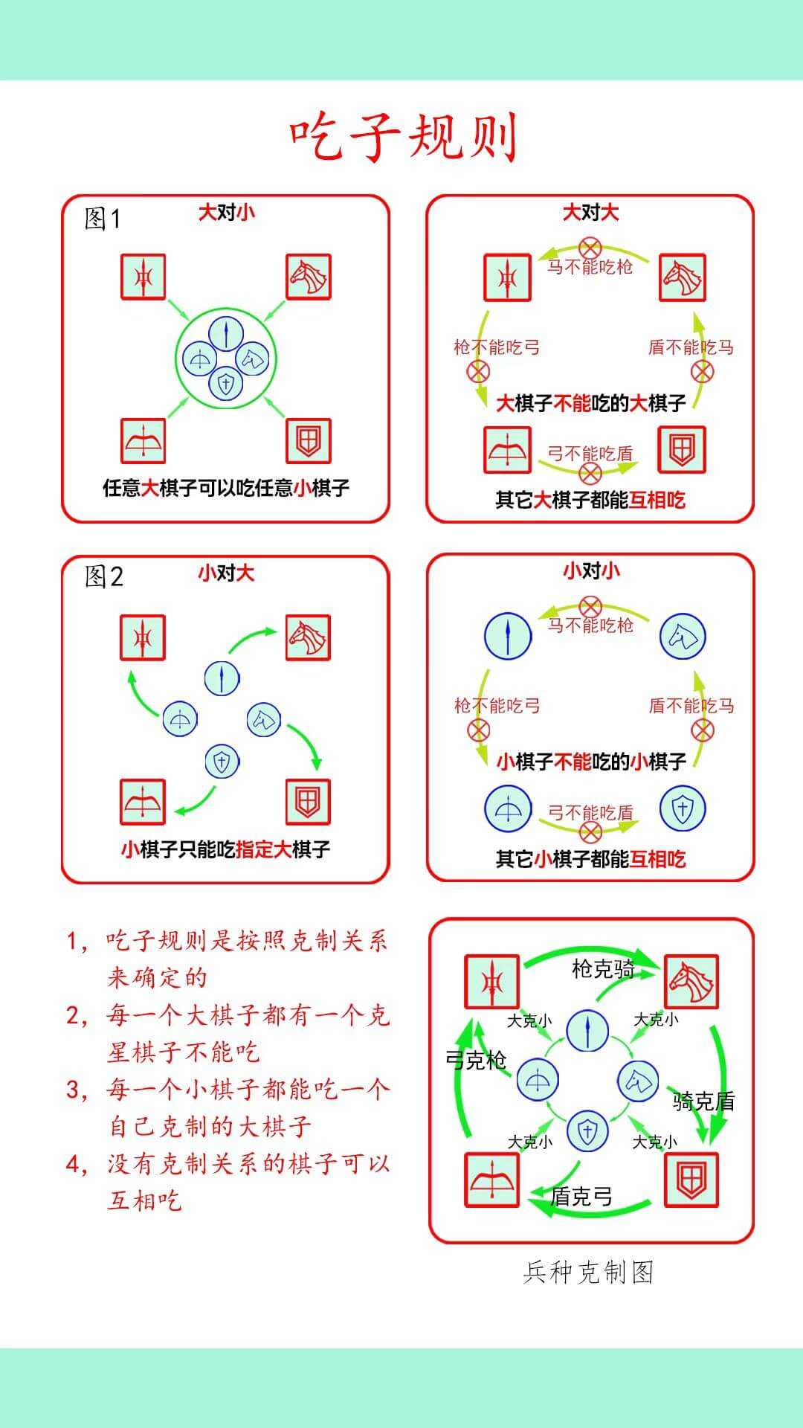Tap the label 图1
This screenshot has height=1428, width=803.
pyautogui.click(x=103, y=219)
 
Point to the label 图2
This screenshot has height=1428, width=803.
pyautogui.click(x=104, y=576)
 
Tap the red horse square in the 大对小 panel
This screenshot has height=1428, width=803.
pyautogui.click(x=309, y=277)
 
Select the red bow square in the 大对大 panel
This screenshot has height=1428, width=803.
pyautogui.click(x=507, y=450)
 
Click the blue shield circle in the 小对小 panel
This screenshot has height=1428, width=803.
pyautogui.click(x=683, y=808)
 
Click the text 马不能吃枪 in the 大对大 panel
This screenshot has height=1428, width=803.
pyautogui.click(x=590, y=266)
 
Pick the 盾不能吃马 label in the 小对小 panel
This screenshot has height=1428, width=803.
pyautogui.click(x=691, y=706)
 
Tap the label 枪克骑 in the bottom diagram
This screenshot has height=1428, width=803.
pyautogui.click(x=603, y=968)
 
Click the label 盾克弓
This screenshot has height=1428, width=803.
pyautogui.click(x=581, y=1196)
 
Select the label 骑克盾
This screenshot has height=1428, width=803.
pyautogui.click(x=703, y=1101)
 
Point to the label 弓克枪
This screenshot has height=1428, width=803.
pyautogui.click(x=476, y=1059)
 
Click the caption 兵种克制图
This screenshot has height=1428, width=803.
pyautogui.click(x=588, y=1273)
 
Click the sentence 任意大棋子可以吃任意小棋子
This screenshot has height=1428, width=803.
pyautogui.click(x=226, y=488)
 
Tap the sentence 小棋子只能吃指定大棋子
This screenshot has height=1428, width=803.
pyautogui.click(x=226, y=849)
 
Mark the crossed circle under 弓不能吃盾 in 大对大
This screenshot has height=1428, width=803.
pyautogui.click(x=590, y=473)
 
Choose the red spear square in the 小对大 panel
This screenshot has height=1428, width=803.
pyautogui.click(x=143, y=637)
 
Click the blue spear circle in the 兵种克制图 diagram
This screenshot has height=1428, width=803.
pyautogui.click(x=587, y=1031)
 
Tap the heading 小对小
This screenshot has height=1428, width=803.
pyautogui.click(x=591, y=571)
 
